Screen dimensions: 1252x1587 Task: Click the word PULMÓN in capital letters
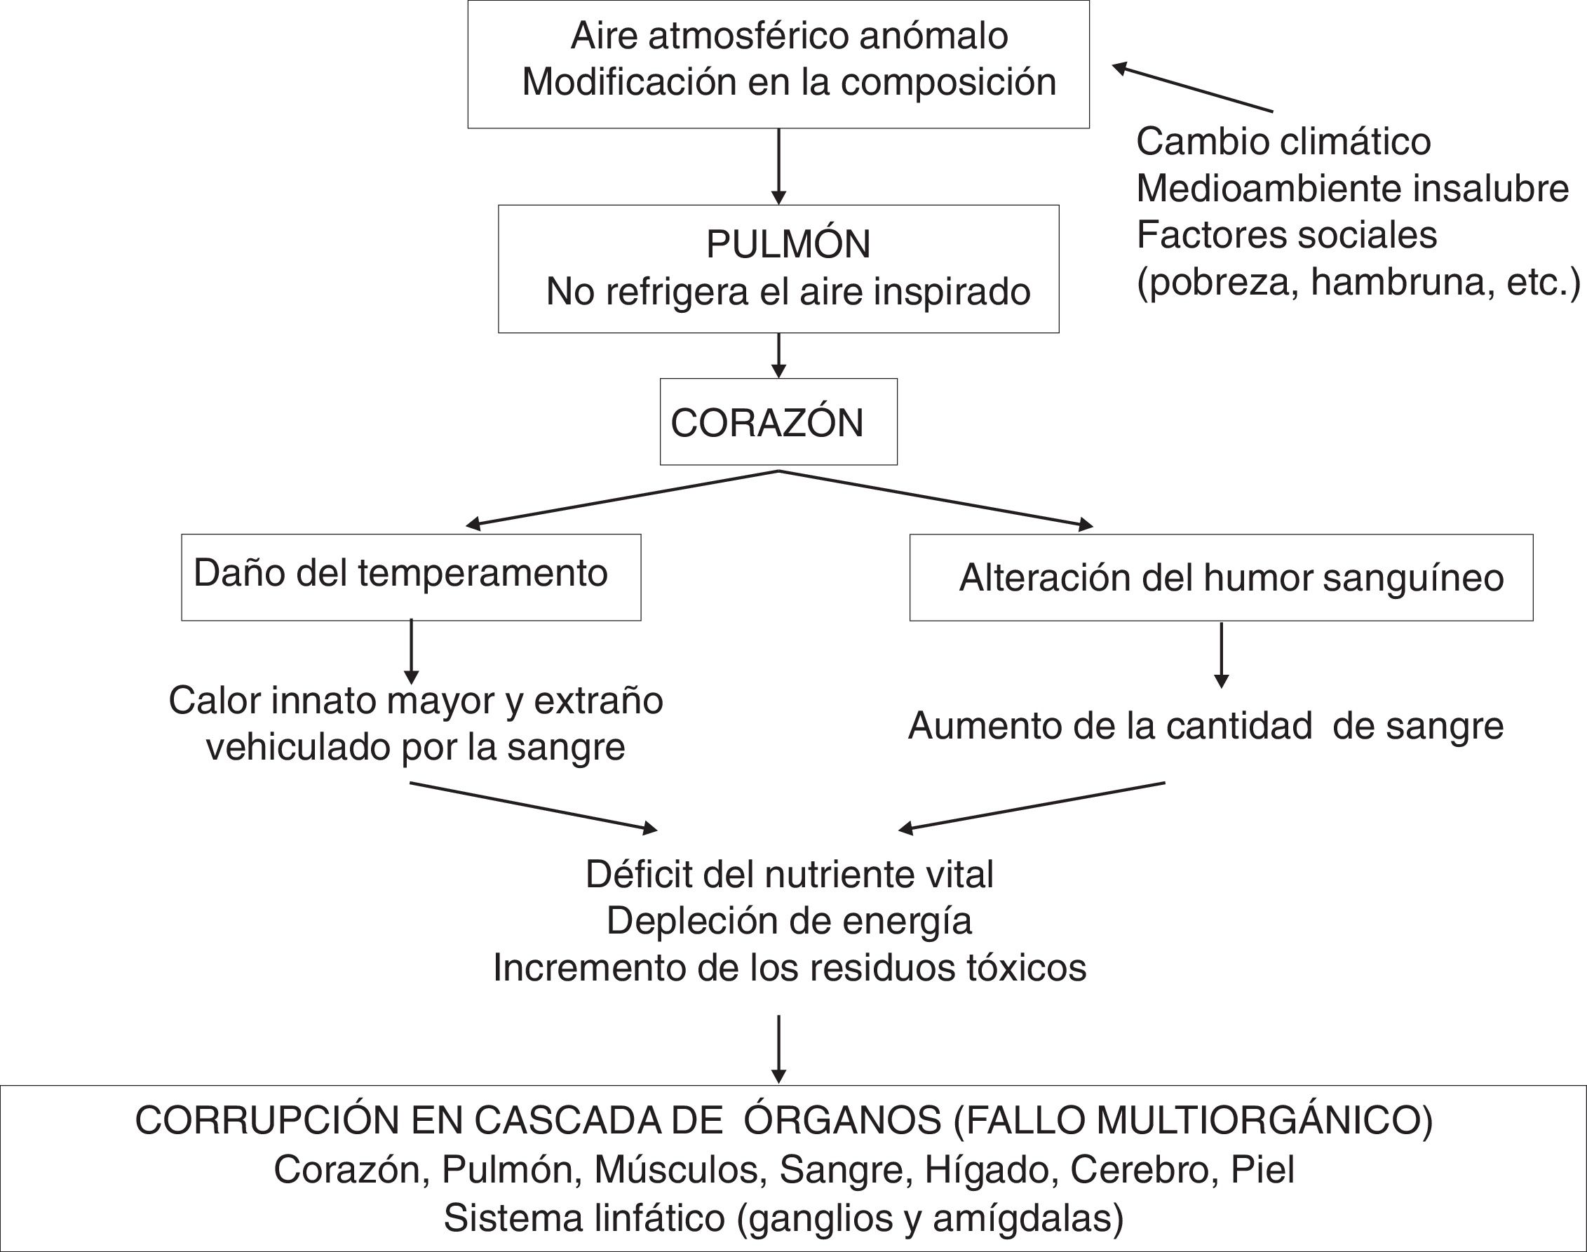(788, 244)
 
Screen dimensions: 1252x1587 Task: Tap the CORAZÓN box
(778, 422)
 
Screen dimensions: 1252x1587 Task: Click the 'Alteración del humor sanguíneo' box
(1221, 578)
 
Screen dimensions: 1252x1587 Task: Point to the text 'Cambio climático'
(1283, 142)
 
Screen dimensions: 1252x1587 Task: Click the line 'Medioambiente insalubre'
(1353, 189)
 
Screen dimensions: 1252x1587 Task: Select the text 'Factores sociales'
(1287, 235)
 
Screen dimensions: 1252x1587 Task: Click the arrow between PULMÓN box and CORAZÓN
(779, 356)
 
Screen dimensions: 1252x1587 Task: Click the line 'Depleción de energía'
(789, 921)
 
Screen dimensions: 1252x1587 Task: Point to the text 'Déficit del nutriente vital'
(789, 875)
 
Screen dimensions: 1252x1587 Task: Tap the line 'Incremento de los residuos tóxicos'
(789, 968)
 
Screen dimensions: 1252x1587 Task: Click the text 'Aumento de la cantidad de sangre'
(1206, 727)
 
